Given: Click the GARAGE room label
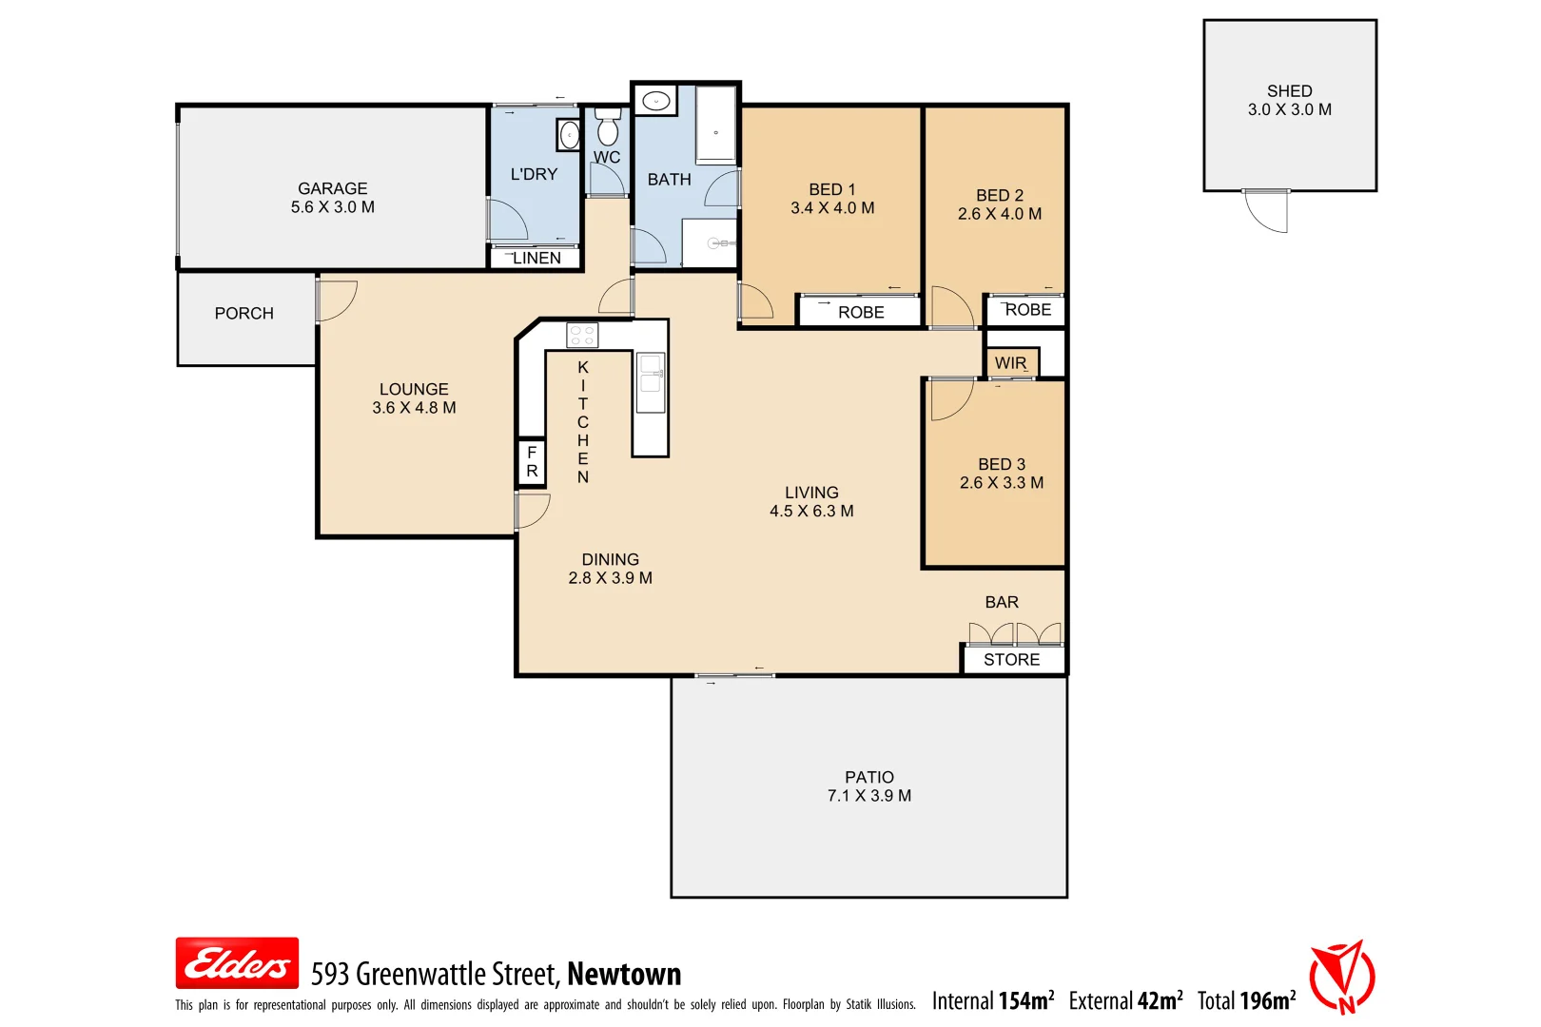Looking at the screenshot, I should point(332,188).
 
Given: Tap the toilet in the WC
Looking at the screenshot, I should point(607,127).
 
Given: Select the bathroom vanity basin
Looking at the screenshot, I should point(655,100).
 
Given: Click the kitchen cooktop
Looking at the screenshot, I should point(582,335).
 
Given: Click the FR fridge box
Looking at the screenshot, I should point(532,462).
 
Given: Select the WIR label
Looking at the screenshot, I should point(1010,363).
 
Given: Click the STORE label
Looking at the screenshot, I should point(1011,660).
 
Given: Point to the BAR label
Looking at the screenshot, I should point(1002,602).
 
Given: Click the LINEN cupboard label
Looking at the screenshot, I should point(536,258).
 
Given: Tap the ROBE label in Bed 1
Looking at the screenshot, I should point(861,312).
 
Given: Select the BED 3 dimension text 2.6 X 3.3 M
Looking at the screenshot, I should point(1002,483).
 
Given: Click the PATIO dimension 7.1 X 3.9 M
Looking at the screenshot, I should point(868,796).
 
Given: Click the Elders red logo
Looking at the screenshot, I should point(237,963).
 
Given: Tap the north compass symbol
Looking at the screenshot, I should point(1342,977).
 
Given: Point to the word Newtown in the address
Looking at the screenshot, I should point(624,974).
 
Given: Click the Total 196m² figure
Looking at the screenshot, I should point(1246,1000).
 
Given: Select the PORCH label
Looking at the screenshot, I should point(244,313).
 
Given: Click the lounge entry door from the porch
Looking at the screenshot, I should point(335,300).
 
